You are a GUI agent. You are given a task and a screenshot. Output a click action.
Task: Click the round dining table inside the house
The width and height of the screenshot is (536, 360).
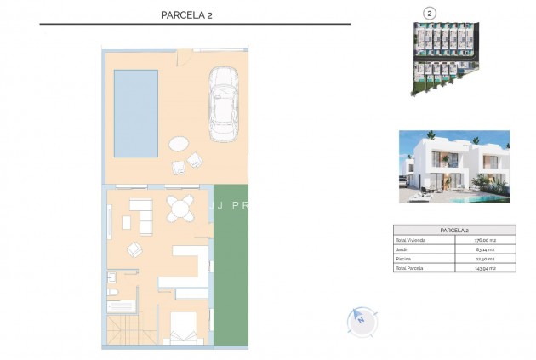180,207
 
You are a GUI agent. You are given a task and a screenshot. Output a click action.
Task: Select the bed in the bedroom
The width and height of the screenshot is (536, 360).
182,330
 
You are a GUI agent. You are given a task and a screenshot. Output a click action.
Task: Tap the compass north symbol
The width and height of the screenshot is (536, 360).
361,321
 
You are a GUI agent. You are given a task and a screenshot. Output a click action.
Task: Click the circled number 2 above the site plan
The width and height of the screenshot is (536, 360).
431,13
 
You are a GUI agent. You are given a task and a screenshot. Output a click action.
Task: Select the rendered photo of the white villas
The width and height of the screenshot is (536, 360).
454,166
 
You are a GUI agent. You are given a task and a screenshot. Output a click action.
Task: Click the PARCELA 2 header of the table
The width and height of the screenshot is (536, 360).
454,230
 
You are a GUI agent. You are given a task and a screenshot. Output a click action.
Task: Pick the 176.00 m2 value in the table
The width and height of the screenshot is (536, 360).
484,240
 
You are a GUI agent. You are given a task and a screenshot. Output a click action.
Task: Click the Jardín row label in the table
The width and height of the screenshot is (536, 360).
402,249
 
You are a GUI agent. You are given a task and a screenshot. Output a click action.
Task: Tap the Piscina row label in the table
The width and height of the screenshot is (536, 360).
402,259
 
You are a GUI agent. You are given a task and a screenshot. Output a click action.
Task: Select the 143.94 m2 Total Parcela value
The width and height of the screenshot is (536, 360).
484,268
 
